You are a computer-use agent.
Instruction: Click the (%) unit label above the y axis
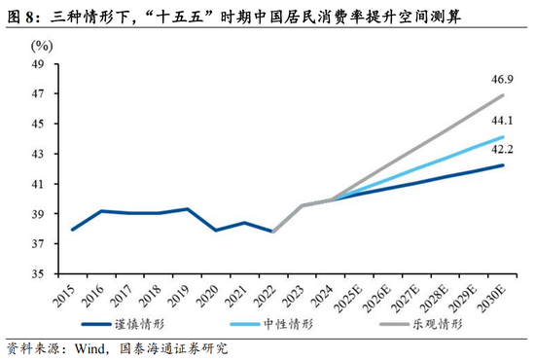(42, 46)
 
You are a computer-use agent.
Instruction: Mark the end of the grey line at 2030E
(503, 95)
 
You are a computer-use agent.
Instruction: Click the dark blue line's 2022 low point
(273, 232)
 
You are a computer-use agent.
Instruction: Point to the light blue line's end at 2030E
(503, 137)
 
